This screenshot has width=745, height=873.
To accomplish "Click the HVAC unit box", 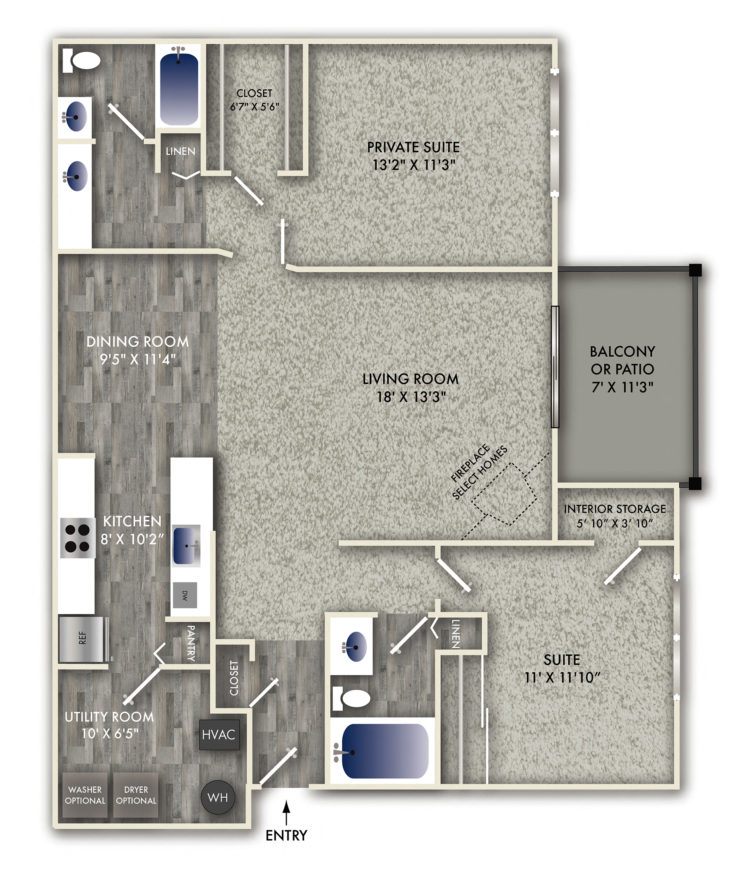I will coord(219,734).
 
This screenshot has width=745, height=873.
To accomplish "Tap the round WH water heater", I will coord(217,797).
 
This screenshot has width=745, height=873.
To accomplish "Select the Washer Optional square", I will coord(85,795).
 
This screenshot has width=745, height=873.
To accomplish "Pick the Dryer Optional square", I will coord(136,795).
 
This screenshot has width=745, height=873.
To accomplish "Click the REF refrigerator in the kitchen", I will coord(84,639).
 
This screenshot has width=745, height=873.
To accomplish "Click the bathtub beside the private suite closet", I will coord(179,87).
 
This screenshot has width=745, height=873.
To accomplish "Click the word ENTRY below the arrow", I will coord(286,835).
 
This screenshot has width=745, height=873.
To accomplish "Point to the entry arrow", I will coord(286,812).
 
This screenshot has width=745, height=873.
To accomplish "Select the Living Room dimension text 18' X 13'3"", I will coord(411,397).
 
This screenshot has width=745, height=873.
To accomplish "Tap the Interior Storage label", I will coord(615,509).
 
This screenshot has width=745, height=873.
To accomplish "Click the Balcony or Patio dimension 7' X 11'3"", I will coord(622,387).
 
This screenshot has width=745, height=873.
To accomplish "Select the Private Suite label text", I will coord(413,147).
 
